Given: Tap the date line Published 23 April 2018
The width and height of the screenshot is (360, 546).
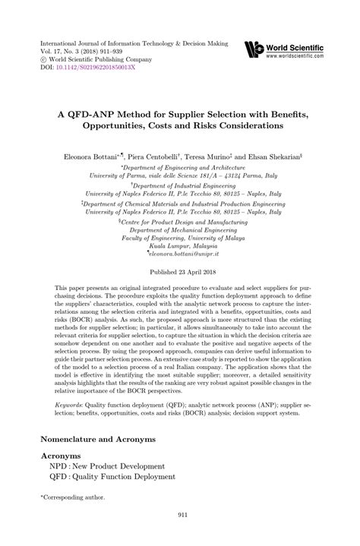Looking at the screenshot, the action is tap(179, 271).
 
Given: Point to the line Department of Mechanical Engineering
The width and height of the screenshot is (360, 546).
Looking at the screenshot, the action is tap(180, 225).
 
